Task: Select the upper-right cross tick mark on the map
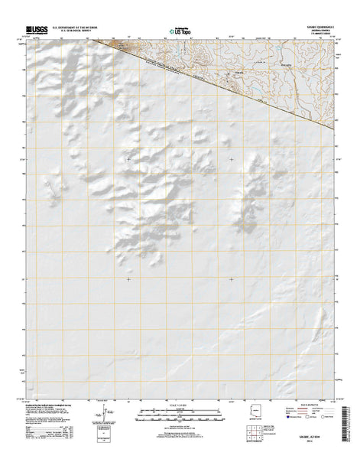[232, 159]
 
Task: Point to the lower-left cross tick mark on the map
[128, 279]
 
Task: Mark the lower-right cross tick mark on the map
[232, 279]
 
